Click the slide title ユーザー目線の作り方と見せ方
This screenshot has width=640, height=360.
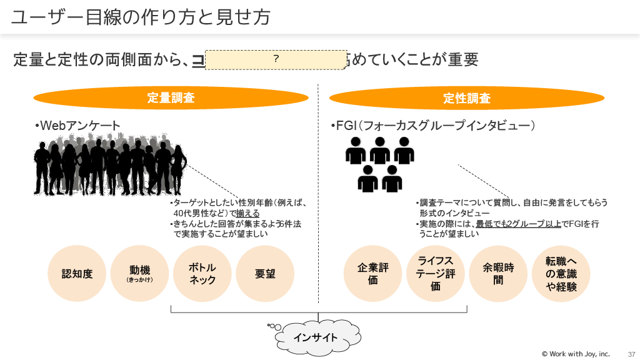[141, 17]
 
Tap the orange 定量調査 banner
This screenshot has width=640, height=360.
[171, 98]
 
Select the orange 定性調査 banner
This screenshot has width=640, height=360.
[467, 98]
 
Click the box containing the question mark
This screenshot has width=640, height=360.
[276, 59]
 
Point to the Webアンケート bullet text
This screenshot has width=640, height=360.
[78, 126]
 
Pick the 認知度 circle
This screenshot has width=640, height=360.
[77, 274]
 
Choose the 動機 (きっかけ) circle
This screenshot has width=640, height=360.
[140, 274]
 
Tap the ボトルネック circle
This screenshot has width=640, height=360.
[202, 274]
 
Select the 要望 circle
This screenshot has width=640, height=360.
[265, 274]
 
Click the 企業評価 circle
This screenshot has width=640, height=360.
[373, 274]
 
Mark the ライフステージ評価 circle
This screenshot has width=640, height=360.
[436, 274]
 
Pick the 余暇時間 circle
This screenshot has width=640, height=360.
[498, 274]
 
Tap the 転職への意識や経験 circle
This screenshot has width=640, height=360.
[561, 274]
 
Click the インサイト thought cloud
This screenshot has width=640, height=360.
[316, 337]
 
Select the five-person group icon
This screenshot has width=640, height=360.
[380, 164]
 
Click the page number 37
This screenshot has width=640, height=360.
[631, 354]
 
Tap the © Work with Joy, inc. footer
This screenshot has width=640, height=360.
[575, 354]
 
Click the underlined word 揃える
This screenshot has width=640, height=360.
[247, 213]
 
